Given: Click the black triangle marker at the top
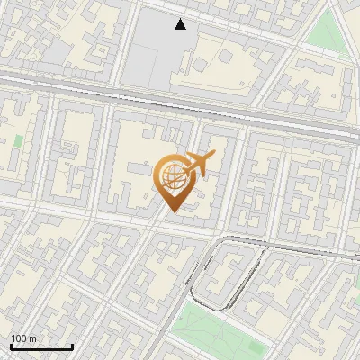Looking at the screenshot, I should (181, 24).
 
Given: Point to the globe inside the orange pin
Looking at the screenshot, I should (171, 176).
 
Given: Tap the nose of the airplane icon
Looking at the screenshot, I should (214, 156).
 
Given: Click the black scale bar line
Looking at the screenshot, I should (41, 347).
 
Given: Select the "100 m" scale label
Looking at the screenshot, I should (23, 338).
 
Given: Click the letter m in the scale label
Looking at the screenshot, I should (32, 338).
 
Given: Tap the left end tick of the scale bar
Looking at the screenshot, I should (11, 346).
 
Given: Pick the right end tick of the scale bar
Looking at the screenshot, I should (72, 346).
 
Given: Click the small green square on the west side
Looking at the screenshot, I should (18, 140).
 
